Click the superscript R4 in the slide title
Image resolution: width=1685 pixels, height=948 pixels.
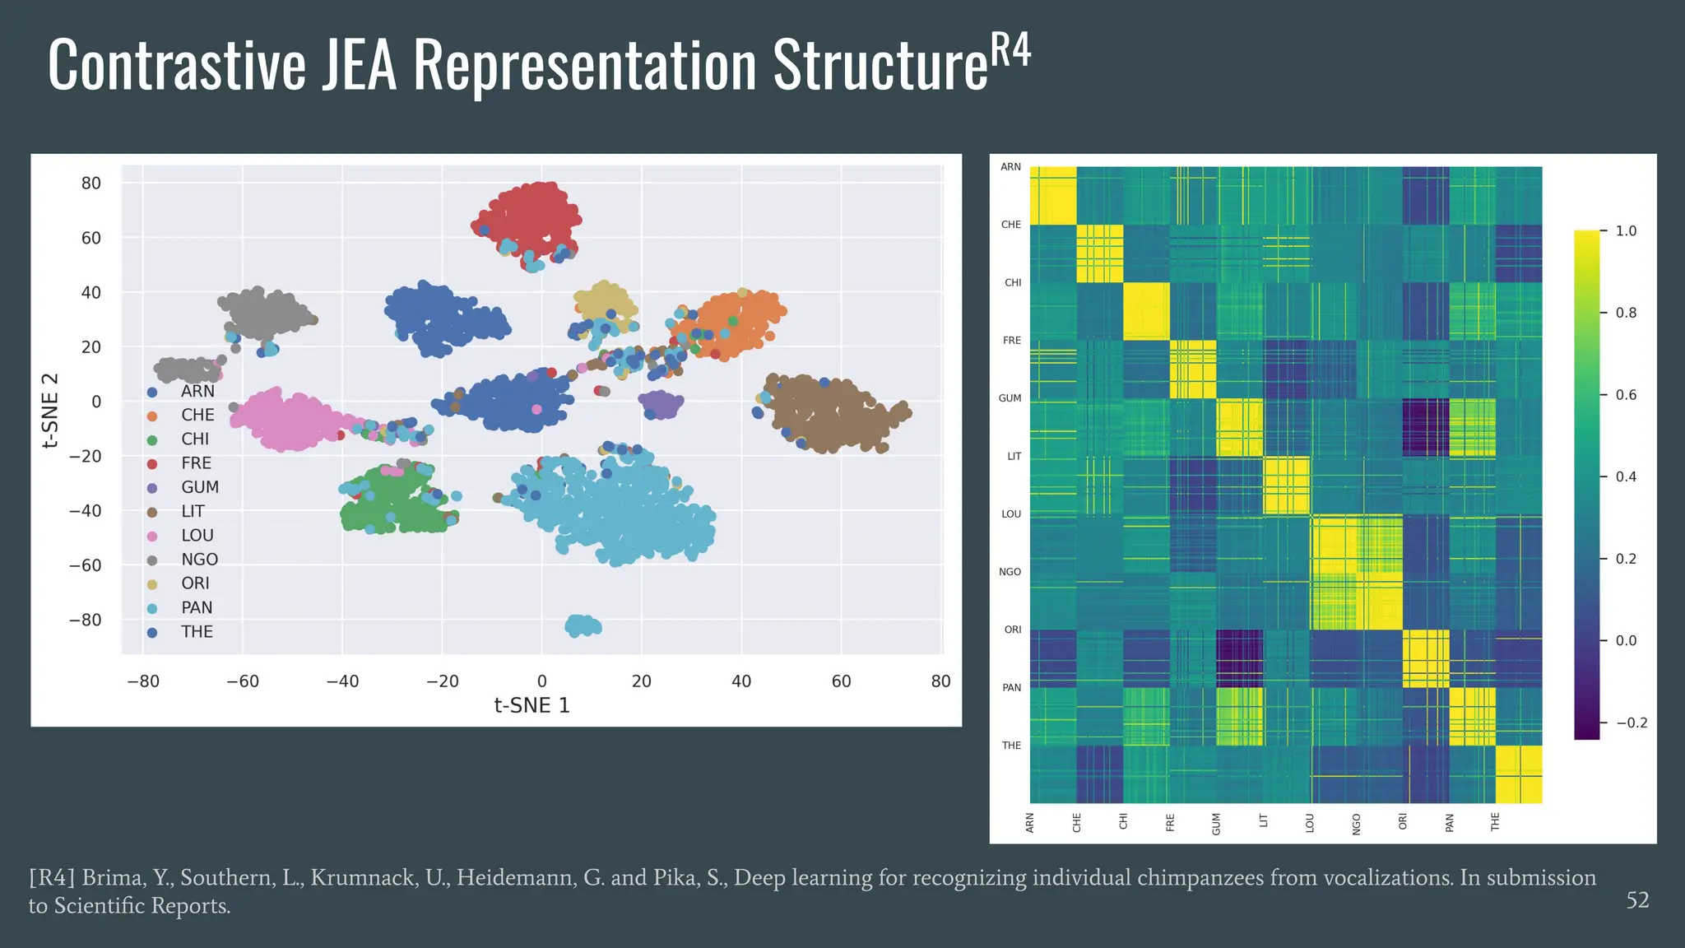(x=1010, y=51)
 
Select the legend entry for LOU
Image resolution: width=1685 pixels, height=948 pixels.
(x=197, y=536)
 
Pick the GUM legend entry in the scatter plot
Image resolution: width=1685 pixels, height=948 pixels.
(x=200, y=487)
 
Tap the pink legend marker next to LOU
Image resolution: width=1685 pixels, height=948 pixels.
(x=152, y=537)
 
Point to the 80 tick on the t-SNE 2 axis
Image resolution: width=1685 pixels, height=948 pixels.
(x=91, y=184)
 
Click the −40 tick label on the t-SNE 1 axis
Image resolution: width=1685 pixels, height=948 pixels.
(x=342, y=681)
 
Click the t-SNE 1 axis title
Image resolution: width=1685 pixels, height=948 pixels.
(x=531, y=706)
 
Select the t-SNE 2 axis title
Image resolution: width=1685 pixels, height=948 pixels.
(x=50, y=411)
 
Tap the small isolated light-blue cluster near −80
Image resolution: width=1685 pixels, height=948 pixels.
(x=583, y=625)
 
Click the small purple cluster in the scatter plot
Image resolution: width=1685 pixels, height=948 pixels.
(x=661, y=404)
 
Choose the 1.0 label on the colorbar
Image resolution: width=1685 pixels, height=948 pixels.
(x=1626, y=231)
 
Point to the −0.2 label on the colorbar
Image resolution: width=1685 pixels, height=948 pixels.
(x=1632, y=723)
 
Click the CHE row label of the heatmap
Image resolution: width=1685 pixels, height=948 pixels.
(x=1010, y=225)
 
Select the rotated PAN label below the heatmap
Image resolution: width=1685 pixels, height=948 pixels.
(x=1449, y=822)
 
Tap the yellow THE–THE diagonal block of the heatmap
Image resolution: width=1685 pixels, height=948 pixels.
(x=1519, y=774)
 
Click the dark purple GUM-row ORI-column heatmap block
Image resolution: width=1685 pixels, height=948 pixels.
(x=1426, y=428)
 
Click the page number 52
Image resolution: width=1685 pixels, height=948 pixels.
(x=1637, y=900)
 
